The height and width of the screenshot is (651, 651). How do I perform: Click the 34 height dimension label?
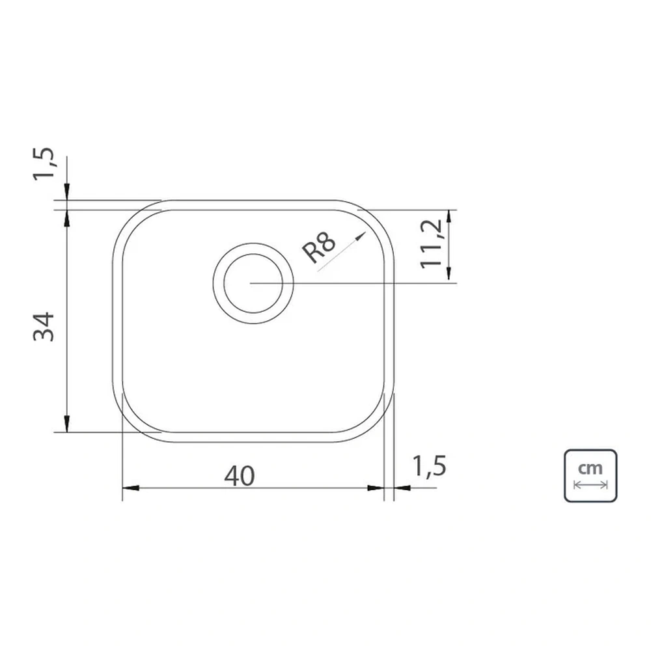pyautogui.click(x=44, y=327)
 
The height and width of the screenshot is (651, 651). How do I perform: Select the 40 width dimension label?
pyautogui.click(x=240, y=476)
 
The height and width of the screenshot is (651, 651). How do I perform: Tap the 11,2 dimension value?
pyautogui.click(x=431, y=244)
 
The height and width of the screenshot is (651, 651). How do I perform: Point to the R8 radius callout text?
pyautogui.click(x=318, y=248)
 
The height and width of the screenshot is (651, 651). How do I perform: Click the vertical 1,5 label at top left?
pyautogui.click(x=44, y=163)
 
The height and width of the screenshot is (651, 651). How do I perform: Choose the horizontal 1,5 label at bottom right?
pyautogui.click(x=429, y=466)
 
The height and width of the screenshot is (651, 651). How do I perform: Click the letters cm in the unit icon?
pyautogui.click(x=590, y=468)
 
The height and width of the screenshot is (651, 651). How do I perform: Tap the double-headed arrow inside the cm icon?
pyautogui.click(x=590, y=484)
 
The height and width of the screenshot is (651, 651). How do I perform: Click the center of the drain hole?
pyautogui.click(x=253, y=283)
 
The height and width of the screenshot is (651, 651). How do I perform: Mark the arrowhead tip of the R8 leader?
pyautogui.click(x=365, y=232)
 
